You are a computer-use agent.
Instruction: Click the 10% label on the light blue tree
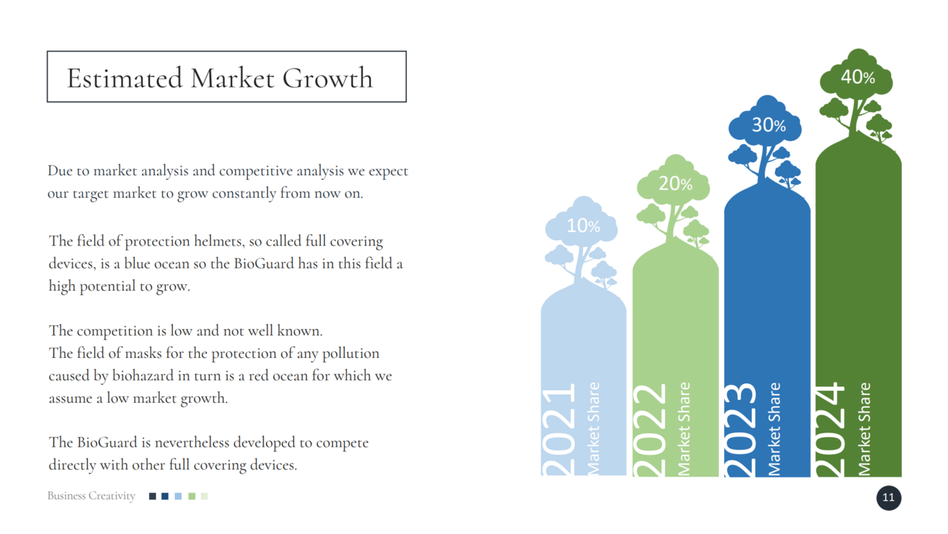pos(583,226)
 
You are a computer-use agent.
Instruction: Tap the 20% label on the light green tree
pos(676,183)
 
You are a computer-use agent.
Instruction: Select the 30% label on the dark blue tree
pos(769,125)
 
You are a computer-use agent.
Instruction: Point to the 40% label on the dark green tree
pos(858,77)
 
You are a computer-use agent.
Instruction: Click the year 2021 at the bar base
pos(558,429)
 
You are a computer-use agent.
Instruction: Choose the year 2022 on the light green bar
pos(650,430)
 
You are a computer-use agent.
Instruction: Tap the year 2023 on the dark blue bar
pos(740,430)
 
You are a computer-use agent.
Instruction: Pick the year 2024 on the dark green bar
pos(830,429)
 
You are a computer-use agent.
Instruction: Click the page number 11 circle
pos(888,497)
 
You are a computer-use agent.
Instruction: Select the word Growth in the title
pos(328,78)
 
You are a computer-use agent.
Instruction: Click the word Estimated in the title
pos(125,78)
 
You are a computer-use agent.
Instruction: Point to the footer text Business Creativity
pos(91,495)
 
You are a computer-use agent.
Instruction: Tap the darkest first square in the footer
pos(152,496)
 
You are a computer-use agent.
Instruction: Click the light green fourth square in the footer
pos(192,496)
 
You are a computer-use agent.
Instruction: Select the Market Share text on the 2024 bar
pos(864,429)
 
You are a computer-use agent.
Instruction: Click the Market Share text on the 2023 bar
pos(774,429)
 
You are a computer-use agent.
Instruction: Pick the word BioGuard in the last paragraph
pos(107,442)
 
